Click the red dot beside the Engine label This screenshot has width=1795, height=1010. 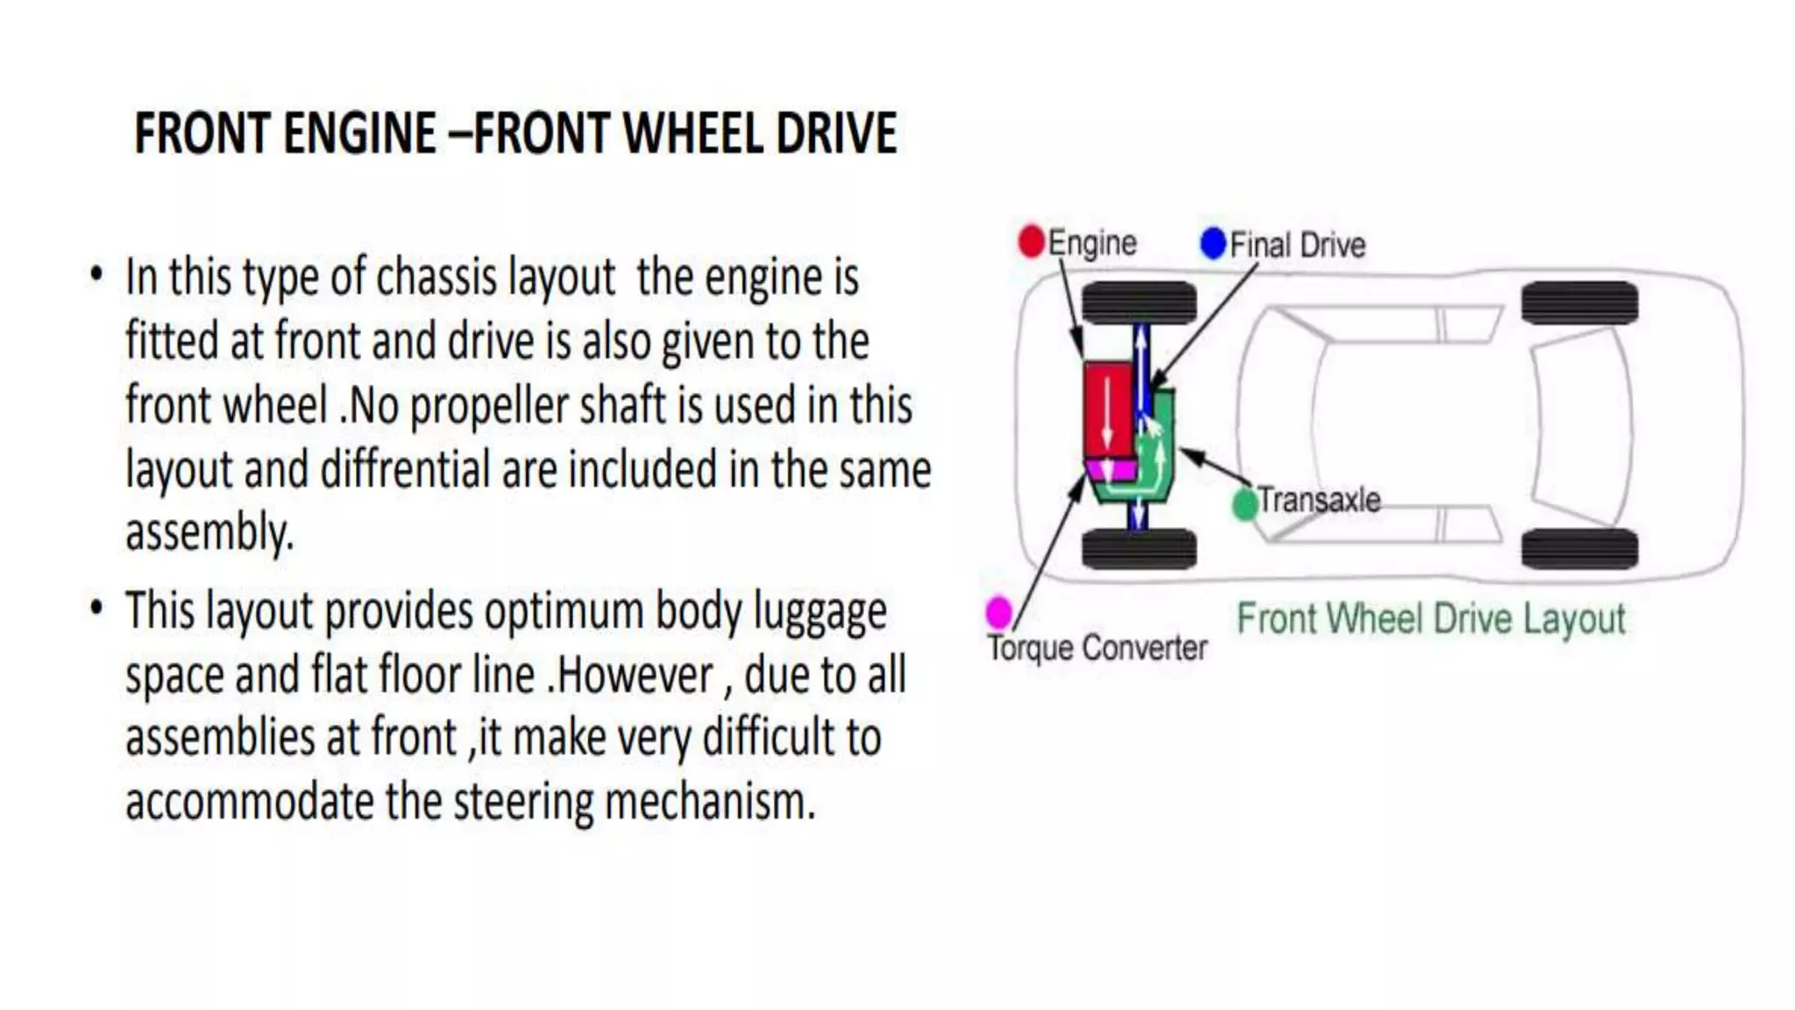pos(1032,241)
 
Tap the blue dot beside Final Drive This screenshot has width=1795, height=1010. pos(1213,243)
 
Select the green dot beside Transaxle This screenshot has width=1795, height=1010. pos(1245,504)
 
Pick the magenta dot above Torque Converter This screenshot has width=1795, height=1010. pos(999,611)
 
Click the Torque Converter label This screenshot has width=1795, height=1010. pos(1097,648)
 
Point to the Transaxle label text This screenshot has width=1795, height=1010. pos(1319,500)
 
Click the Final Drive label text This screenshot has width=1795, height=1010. pos(1297,245)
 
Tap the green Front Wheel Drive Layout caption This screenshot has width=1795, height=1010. pos(1430,619)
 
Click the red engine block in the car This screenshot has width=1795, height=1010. pos(1108,409)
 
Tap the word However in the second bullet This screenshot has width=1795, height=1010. pos(635,676)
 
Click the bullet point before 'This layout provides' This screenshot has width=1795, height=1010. pos(96,607)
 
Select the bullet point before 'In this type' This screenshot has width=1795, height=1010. pos(96,274)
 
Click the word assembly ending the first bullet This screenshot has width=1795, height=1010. pos(209,533)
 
